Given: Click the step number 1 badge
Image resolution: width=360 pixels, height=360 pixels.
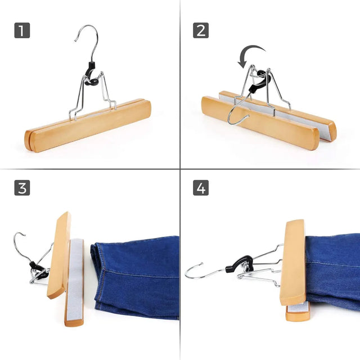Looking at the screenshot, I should tap(22, 30).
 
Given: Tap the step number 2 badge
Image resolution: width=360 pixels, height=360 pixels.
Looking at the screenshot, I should tap(201, 30).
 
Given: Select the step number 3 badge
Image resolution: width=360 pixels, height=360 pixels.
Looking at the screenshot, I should tap(22, 187).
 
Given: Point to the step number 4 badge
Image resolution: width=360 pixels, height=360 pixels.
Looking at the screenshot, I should tap(201, 187).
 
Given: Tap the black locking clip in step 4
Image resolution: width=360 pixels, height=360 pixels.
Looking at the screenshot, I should tap(238, 263).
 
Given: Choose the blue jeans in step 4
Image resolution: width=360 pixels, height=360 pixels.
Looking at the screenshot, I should tap(332, 264).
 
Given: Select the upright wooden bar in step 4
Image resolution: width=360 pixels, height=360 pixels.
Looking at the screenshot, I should tap(294, 262).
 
